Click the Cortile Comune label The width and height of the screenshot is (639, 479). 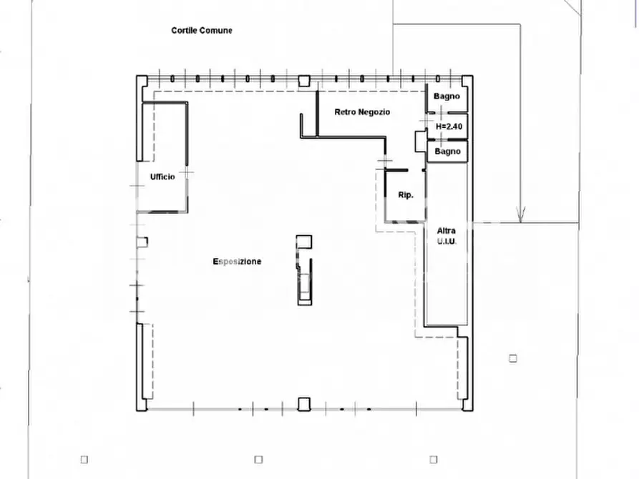(202, 31)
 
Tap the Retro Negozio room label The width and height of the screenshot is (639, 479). (362, 112)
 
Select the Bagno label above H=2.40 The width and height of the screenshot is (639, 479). (447, 97)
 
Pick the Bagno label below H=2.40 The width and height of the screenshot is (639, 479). (447, 152)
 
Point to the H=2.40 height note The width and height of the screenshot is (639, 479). (449, 127)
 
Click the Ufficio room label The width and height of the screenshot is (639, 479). (162, 177)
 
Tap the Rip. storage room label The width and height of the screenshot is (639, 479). (406, 195)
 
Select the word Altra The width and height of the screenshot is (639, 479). (447, 231)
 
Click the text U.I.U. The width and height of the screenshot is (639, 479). (447, 241)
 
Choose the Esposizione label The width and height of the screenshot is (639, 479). (237, 262)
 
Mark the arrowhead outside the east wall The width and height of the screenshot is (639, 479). (520, 214)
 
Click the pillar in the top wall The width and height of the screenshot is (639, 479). (304, 81)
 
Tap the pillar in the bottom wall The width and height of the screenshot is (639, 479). (304, 404)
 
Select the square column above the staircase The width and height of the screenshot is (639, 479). (304, 242)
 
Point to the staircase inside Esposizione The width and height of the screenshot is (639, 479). (304, 282)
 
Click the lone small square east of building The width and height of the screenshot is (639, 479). (513, 358)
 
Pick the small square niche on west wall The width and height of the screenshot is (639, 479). (142, 242)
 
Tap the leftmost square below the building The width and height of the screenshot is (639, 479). (84, 460)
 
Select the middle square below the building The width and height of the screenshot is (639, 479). (258, 460)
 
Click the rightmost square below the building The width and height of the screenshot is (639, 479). (434, 460)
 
